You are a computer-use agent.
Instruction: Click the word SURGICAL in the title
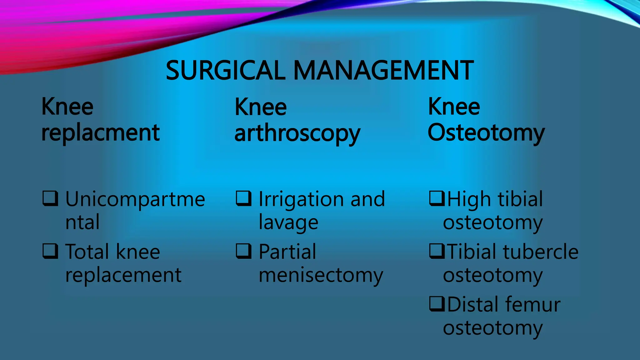pos(225,71)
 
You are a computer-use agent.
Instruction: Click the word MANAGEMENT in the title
pos(383,71)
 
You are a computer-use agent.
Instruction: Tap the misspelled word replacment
pos(100,133)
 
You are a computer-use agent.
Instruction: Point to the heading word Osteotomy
pos(486,133)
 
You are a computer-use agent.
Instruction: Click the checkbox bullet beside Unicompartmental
pos(50,198)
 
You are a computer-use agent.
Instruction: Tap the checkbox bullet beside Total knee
pos(50,251)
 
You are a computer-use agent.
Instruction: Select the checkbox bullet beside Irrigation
pos(244,198)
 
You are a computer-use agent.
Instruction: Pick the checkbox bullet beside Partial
pos(244,251)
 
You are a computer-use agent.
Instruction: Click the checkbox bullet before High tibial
pos(437,198)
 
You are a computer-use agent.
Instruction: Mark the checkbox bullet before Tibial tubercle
pos(437,251)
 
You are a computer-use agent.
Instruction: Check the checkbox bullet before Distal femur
pos(437,304)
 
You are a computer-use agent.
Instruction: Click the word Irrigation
pos(302,199)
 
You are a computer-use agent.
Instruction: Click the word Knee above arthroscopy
pos(260,107)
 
